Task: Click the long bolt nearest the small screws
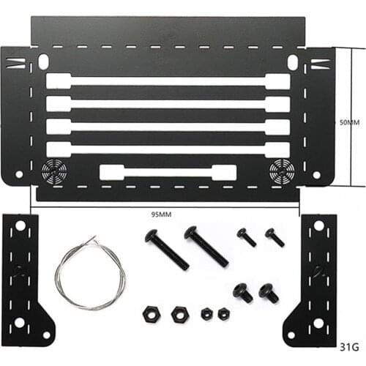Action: (206, 247)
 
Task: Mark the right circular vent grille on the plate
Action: (280, 171)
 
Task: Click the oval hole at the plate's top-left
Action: (44, 61)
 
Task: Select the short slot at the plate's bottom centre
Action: (168, 173)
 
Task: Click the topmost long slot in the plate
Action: (168, 81)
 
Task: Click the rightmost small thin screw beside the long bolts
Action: (274, 236)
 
